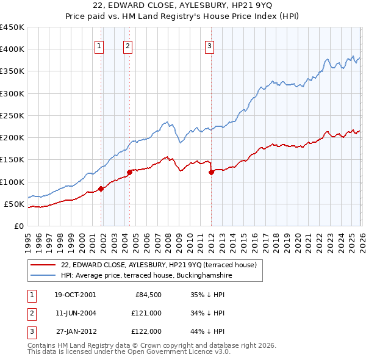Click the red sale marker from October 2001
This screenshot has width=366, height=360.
[101, 189]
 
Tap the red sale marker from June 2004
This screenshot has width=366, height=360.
[129, 173]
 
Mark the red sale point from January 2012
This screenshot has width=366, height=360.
[212, 173]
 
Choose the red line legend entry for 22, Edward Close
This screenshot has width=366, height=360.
[159, 265]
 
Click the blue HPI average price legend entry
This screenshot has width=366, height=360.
[146, 275]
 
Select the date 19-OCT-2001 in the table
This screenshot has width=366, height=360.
[74, 295]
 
